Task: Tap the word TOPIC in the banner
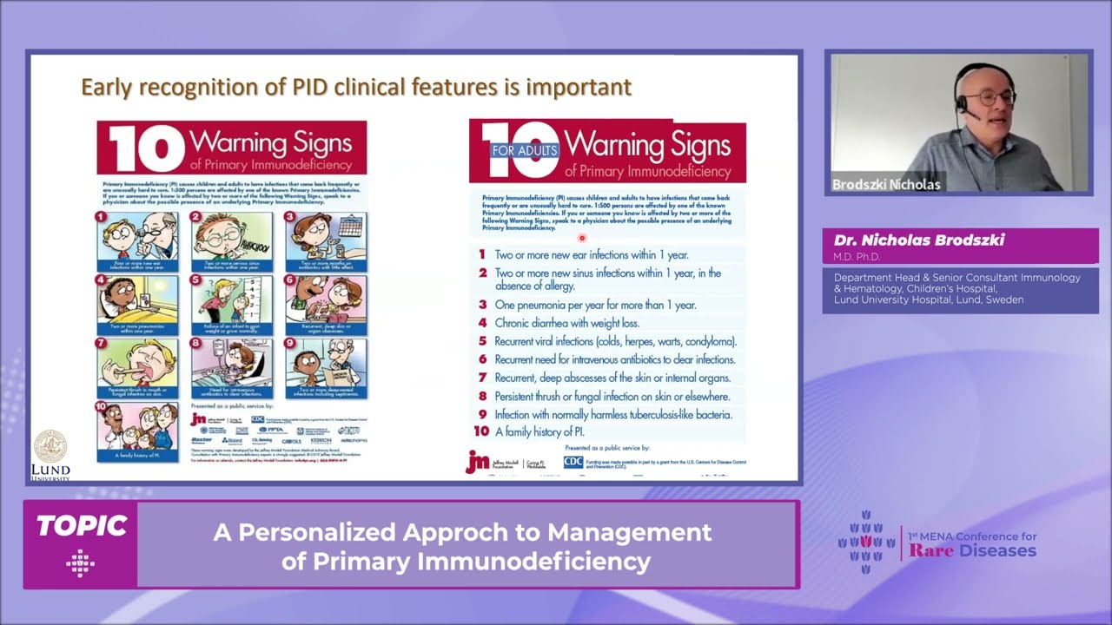pyautogui.click(x=81, y=526)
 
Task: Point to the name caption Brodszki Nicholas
pyautogui.click(x=886, y=184)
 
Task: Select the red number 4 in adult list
pyautogui.click(x=482, y=323)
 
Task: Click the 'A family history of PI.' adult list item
pyautogui.click(x=539, y=431)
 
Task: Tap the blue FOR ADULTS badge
pyautogui.click(x=525, y=150)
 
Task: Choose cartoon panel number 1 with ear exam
pyautogui.click(x=137, y=241)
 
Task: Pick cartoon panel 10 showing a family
pyautogui.click(x=137, y=431)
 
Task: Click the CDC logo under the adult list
pyautogui.click(x=573, y=462)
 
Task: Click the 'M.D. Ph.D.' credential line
pyautogui.click(x=857, y=257)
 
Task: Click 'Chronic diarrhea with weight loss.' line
pyautogui.click(x=566, y=323)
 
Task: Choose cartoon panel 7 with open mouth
pyautogui.click(x=137, y=367)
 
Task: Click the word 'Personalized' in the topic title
pyautogui.click(x=314, y=532)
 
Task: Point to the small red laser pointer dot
pyautogui.click(x=581, y=237)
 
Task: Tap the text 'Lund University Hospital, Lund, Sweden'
pyautogui.click(x=928, y=299)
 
